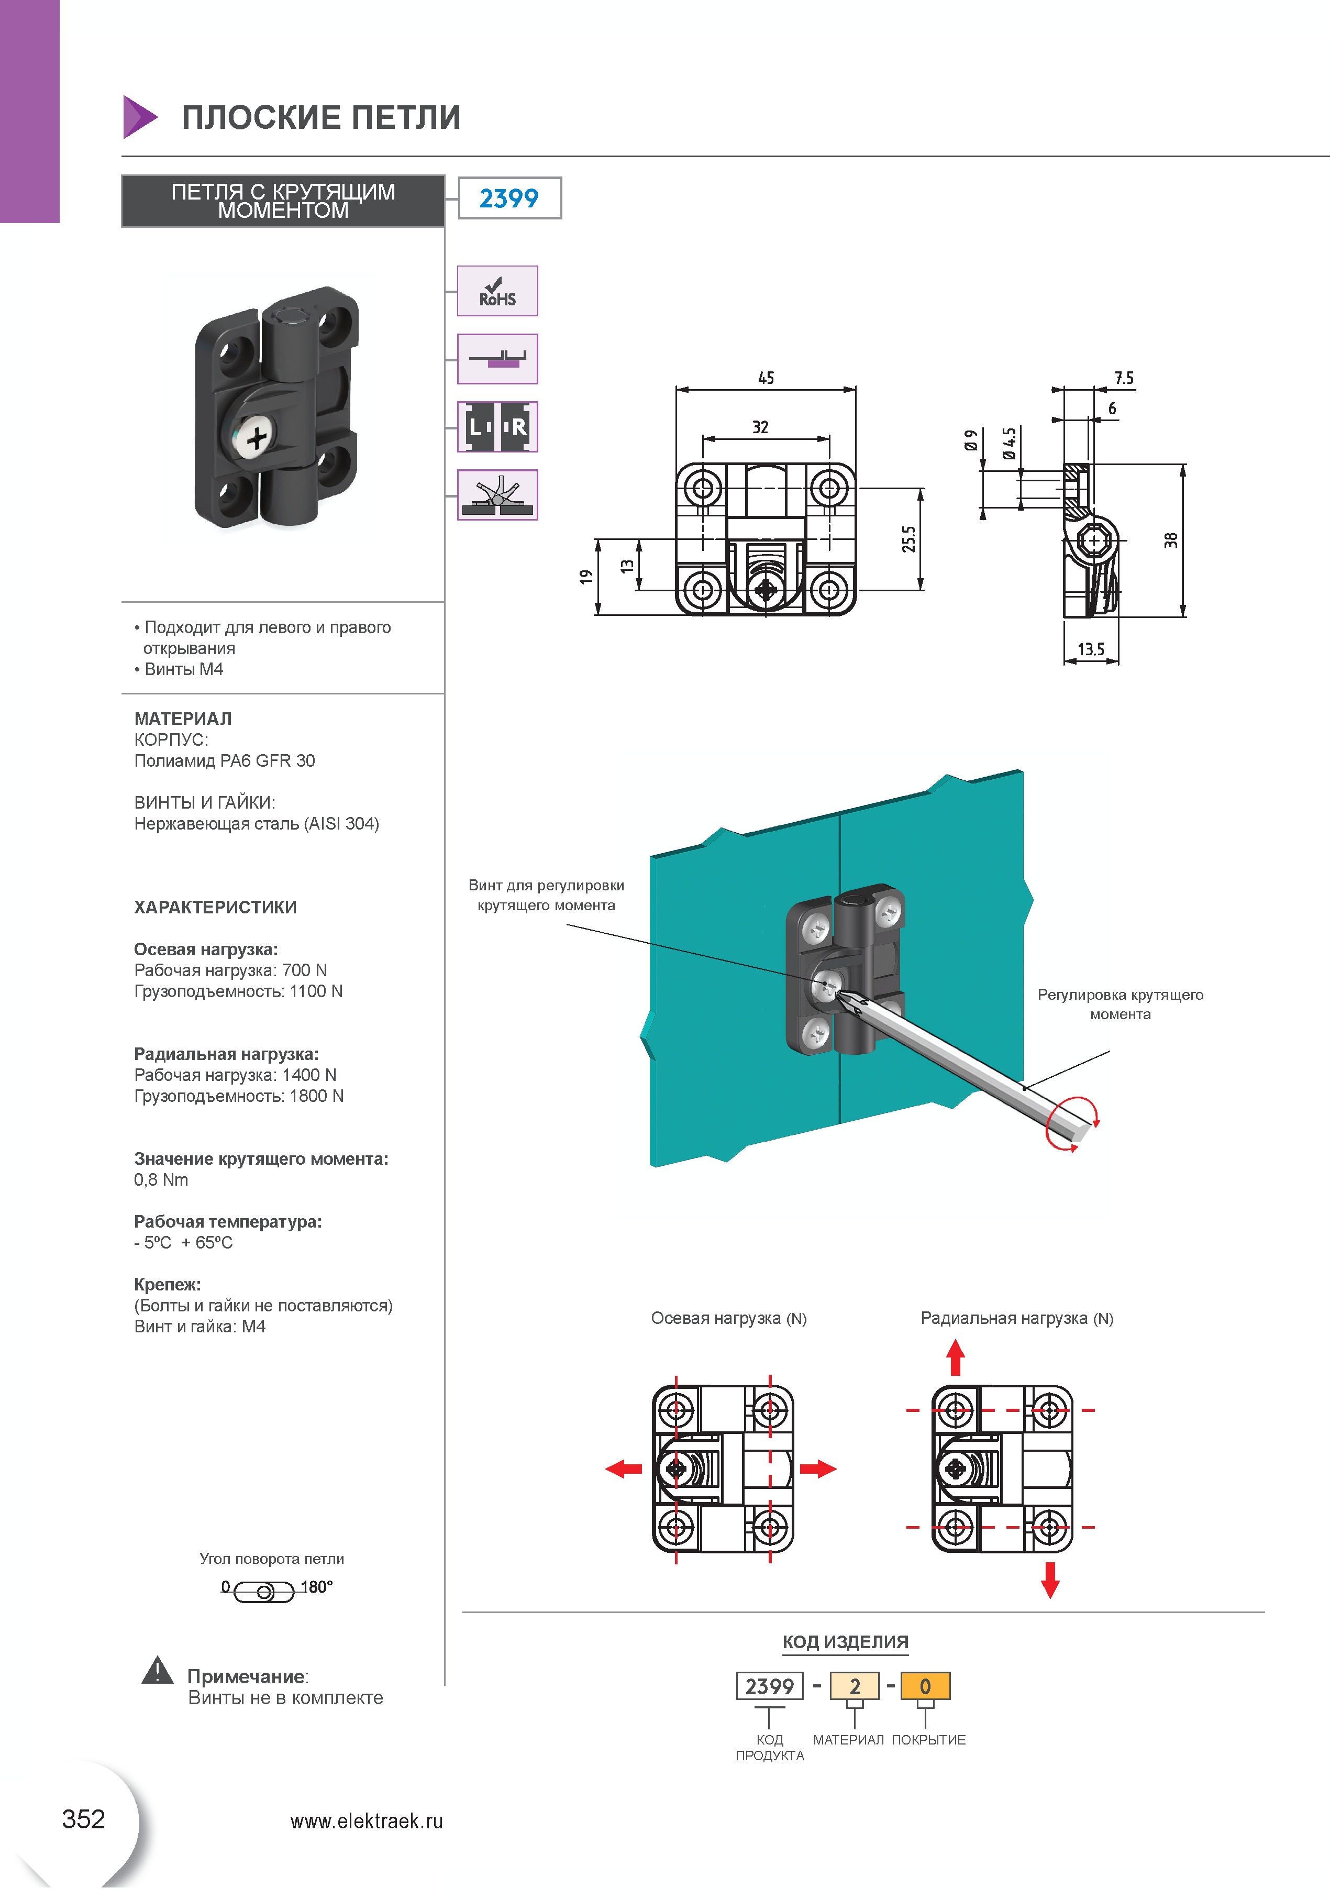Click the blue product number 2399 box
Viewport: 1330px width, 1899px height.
coord(509,198)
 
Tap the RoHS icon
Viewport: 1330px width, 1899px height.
coord(497,291)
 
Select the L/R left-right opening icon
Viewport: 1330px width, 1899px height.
coord(497,427)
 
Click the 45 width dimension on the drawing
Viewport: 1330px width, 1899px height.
coord(766,378)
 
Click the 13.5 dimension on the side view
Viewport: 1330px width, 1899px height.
coord(1090,649)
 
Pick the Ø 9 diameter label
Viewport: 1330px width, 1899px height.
coord(971,440)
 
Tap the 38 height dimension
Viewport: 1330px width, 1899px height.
coord(1170,540)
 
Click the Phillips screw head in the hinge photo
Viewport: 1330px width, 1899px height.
coord(255,438)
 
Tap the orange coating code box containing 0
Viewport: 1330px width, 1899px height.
coord(925,1686)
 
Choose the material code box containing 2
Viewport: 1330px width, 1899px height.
coord(855,1686)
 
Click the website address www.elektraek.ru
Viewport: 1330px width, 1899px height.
coord(367,1821)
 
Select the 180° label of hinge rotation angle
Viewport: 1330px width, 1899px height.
coord(316,1586)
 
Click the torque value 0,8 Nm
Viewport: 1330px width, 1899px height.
coord(161,1179)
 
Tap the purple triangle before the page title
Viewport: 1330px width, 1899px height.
coord(138,117)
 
